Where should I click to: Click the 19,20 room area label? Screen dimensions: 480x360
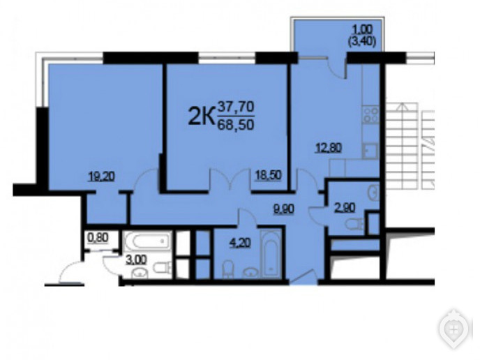[101, 177]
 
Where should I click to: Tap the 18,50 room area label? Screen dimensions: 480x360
[269, 176]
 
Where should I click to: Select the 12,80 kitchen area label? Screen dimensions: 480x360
[329, 148]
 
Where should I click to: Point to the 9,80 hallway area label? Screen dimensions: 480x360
[283, 209]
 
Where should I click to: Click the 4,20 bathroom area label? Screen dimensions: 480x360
[240, 243]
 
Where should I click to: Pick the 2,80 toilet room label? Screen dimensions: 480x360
[345, 208]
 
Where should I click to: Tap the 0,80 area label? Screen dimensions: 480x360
[98, 237]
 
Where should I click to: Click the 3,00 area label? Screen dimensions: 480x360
[136, 260]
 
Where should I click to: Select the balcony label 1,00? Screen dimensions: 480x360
[363, 30]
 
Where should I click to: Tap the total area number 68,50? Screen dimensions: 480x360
[236, 125]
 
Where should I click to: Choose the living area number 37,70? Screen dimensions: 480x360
[236, 107]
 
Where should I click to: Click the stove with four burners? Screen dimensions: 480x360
[370, 114]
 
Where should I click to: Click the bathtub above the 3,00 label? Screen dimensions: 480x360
[147, 241]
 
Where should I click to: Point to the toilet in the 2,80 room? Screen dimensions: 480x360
[354, 224]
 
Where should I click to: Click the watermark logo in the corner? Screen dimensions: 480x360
[455, 329]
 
